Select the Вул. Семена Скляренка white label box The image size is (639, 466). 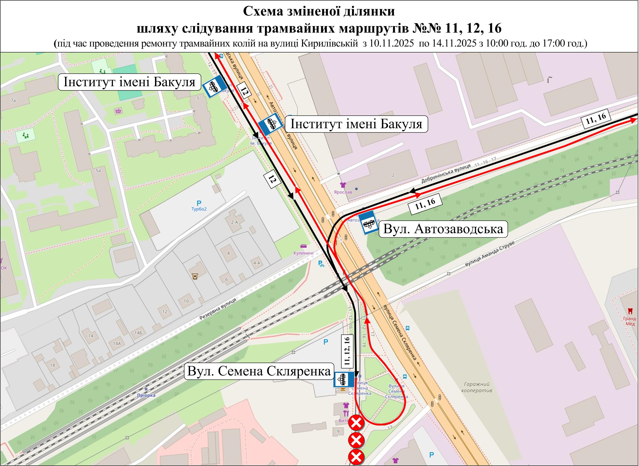(x=259, y=371)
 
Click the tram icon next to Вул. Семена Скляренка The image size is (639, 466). (x=344, y=379)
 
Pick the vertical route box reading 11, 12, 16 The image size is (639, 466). (x=347, y=351)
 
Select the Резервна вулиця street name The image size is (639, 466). (x=218, y=309)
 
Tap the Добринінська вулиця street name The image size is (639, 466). (x=446, y=173)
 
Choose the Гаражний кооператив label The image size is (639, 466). (x=476, y=387)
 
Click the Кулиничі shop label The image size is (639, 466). (x=303, y=253)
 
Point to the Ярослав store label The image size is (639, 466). (x=343, y=192)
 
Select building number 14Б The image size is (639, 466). (x=138, y=333)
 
